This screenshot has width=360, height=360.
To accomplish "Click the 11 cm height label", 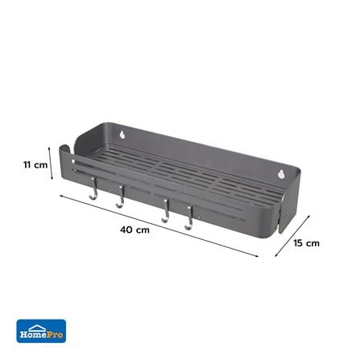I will pyautogui.click(x=35, y=164).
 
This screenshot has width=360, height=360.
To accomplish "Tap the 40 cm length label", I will pyautogui.click(x=135, y=230).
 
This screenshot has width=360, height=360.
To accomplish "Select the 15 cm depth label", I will pyautogui.click(x=307, y=242).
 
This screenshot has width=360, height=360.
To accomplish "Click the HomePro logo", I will pyautogui.click(x=41, y=330).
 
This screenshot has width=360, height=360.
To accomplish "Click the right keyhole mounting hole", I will pyautogui.click(x=281, y=173).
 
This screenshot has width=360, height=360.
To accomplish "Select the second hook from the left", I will pyautogui.click(x=120, y=200).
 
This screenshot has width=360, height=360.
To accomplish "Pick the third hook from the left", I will pyautogui.click(x=164, y=213).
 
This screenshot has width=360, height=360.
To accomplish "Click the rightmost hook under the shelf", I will pyautogui.click(x=188, y=221).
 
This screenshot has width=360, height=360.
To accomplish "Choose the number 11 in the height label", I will pyautogui.click(x=28, y=164).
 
